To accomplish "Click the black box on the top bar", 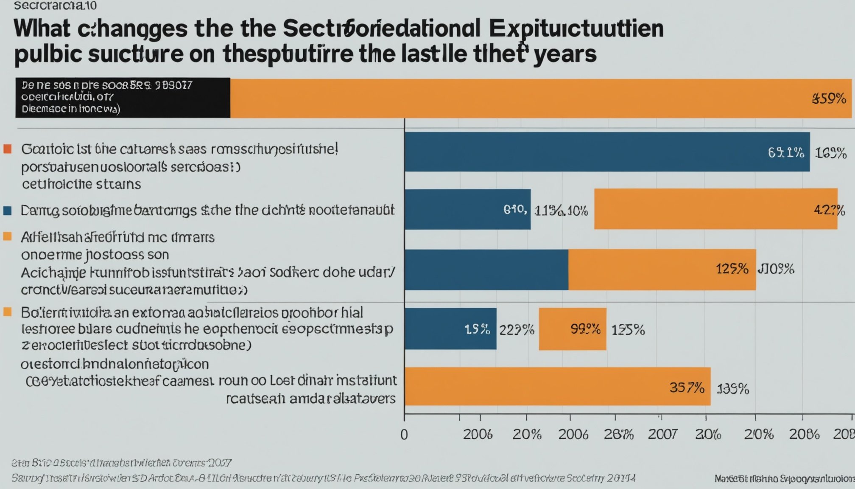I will pos(123,98).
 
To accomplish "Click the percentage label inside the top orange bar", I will pos(829,98).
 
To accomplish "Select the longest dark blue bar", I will pos(606,152).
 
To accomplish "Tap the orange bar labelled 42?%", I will pos(715,209).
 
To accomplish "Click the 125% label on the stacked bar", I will pos(732,269).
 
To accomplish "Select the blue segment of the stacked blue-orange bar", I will pos(486,270).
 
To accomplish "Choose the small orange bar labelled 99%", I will pos(573,329).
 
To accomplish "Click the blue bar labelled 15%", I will pos(450,329).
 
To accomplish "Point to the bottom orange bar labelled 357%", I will pos(557,387).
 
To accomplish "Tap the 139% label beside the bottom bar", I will pos(733,389).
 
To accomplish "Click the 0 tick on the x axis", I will pos(404,435).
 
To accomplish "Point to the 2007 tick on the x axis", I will pos(662,434).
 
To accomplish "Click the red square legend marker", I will pos(7,149).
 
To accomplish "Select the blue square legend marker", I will pos(7,211).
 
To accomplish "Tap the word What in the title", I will pos(42,29).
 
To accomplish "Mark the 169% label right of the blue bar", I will pos(831,153).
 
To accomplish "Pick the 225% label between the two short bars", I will pos(517,330).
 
